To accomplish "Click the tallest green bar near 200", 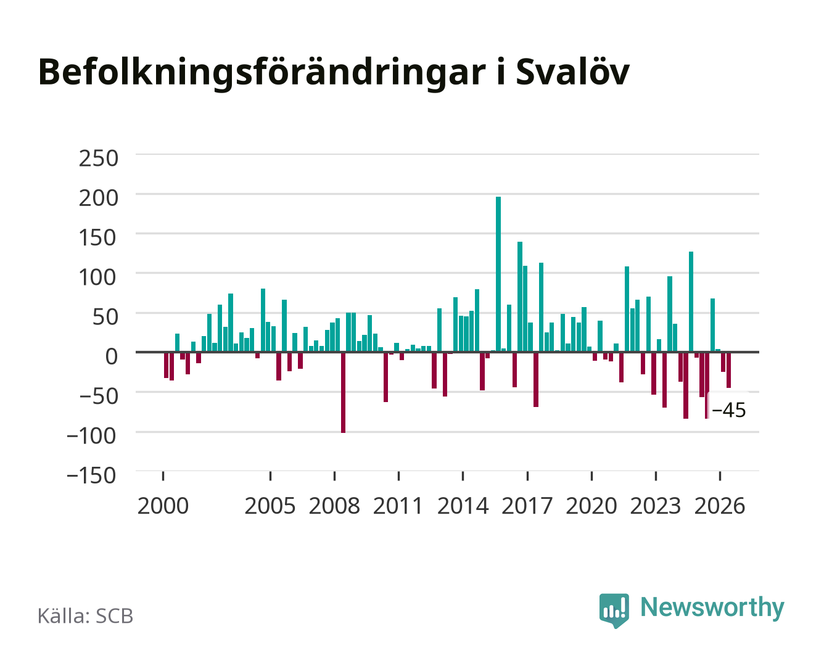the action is (498, 274).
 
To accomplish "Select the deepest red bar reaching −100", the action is (343, 392).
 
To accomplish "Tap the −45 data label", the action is (729, 410).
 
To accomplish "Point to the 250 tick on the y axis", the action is (98, 158).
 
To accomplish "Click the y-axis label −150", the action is (91, 475).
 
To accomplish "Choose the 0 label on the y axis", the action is (112, 356).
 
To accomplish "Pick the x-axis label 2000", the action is (163, 506).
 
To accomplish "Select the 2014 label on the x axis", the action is (463, 506).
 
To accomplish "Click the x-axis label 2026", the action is (720, 506).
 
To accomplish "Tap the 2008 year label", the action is (334, 506).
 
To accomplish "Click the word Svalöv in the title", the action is (572, 72).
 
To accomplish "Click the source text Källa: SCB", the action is (85, 616).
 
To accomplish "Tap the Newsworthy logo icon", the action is (614, 610).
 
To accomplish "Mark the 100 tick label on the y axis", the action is (97, 277).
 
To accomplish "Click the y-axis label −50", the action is (98, 396).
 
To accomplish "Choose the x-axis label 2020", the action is (591, 506).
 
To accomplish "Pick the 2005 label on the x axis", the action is (270, 506).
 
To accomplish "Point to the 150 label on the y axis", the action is (97, 237).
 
